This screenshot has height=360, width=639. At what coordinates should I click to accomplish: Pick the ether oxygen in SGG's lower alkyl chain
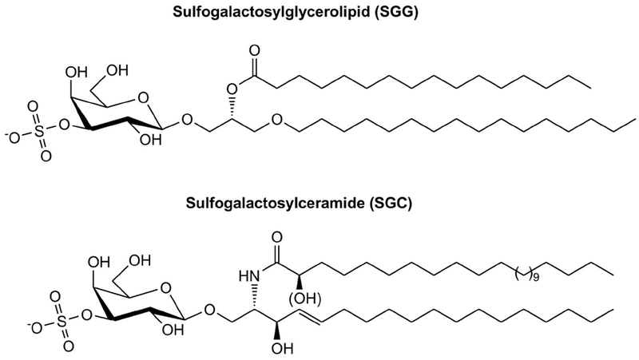pos(276,121)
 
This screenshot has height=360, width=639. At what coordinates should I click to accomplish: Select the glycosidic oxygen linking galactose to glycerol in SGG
pos(186,122)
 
